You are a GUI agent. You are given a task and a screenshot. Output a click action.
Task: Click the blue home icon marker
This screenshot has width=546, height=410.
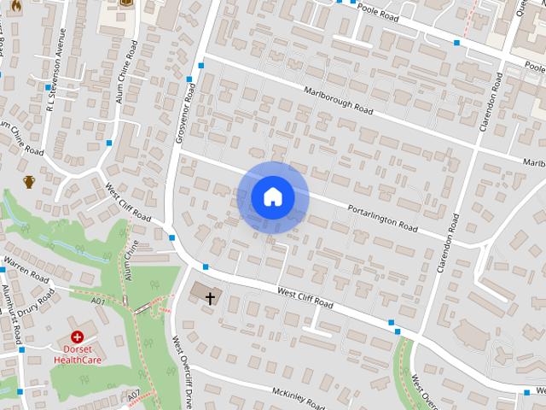coord(272,196)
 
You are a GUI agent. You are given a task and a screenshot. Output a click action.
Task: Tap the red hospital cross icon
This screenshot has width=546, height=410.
coord(78,337)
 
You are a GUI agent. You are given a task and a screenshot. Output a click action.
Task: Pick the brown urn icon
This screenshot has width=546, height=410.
coord(30,181)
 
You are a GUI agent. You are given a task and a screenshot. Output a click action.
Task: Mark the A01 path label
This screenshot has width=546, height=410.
coord(99,302)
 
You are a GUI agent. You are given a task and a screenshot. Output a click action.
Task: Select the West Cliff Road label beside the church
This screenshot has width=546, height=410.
coord(304,299)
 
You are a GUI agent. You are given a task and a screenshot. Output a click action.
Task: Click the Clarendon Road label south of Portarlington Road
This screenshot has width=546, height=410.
coord(449,243)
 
